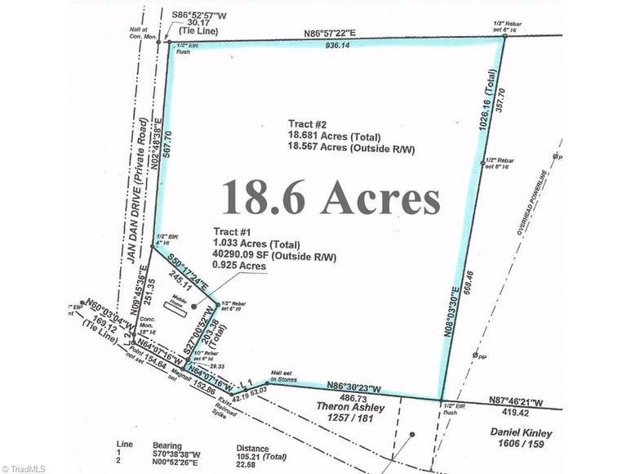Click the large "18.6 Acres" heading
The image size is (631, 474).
(331, 197)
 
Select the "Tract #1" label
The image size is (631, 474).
(233, 231)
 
